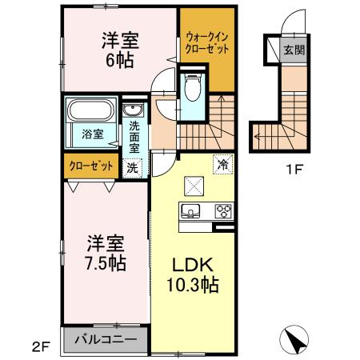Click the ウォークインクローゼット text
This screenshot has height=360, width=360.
[x=206, y=42]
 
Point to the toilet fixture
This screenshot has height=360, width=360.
[x=192, y=88]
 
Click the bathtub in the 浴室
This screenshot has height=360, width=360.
[x=91, y=110]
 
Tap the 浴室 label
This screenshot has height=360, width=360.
[x=91, y=134]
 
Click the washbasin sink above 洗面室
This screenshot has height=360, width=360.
[x=133, y=110]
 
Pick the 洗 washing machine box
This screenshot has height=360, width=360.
[x=132, y=167]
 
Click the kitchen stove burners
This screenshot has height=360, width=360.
[x=222, y=212]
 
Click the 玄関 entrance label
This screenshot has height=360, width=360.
[x=293, y=50]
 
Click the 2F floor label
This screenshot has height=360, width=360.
[x=42, y=346]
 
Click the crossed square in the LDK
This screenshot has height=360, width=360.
[x=194, y=186]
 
